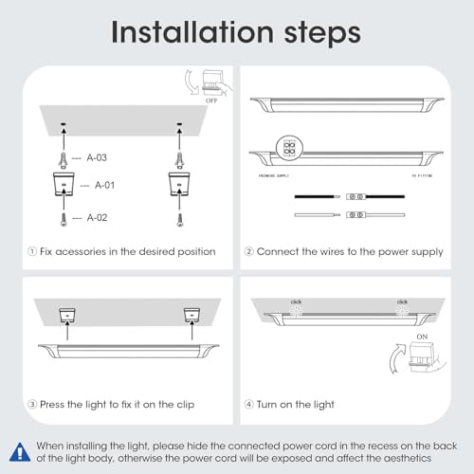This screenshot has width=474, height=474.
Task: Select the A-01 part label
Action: (96, 186)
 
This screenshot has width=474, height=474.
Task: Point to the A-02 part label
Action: (96, 217)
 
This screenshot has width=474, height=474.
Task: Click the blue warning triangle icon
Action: (20, 449)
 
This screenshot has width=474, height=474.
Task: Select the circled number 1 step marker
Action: (34, 251)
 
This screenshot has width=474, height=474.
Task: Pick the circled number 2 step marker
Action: (250, 251)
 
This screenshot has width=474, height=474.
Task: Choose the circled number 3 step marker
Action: (34, 405)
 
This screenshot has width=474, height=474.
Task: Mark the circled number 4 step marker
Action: (250, 405)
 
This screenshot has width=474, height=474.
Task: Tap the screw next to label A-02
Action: (62, 217)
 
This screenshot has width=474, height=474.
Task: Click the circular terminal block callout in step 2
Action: (285, 143)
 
